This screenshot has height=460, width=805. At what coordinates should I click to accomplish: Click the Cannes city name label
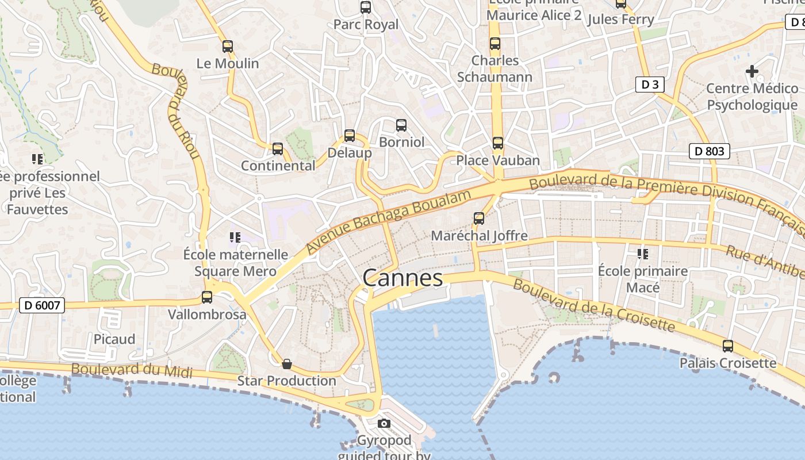click(402, 278)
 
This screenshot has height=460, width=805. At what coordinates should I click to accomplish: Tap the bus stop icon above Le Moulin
click(228, 47)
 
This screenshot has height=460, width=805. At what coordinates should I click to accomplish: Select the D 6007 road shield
click(43, 305)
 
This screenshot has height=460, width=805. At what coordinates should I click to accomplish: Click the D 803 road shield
click(709, 151)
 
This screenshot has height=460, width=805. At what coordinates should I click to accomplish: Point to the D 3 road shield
click(650, 85)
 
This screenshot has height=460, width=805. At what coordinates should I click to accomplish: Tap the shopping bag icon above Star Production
click(286, 363)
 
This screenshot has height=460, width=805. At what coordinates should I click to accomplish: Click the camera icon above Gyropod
click(384, 424)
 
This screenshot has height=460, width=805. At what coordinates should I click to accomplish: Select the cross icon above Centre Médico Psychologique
click(752, 71)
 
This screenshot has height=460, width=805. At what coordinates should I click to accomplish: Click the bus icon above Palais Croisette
click(728, 346)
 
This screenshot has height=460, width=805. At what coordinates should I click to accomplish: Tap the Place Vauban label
click(498, 160)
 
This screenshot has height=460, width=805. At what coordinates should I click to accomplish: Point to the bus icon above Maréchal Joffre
click(479, 218)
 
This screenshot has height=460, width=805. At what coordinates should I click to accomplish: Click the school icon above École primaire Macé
click(642, 254)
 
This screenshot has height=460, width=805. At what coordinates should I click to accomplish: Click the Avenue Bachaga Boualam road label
click(389, 221)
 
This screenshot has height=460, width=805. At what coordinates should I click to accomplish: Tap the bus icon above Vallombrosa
click(207, 297)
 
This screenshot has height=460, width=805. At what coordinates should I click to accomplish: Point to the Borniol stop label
click(401, 142)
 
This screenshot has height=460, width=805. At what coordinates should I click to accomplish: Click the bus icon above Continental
click(278, 149)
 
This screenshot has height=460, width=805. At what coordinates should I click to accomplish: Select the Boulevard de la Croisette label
click(593, 305)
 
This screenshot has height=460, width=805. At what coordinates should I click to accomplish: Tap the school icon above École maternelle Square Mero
click(235, 237)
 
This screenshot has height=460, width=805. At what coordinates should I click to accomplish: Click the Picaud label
click(114, 339)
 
